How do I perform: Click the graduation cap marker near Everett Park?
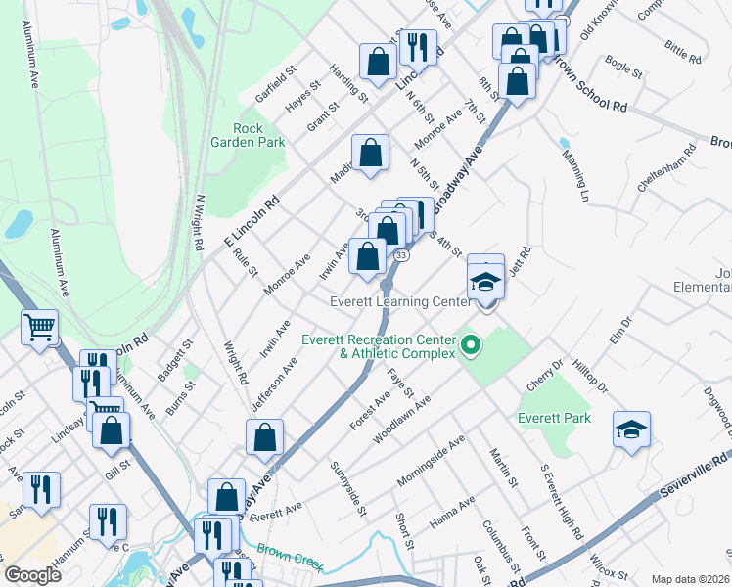pyautogui.click(x=631, y=429)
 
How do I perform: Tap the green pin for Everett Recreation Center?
pyautogui.click(x=471, y=344)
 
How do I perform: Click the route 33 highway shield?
pyautogui.click(x=401, y=255)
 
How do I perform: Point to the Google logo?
pyautogui.click(x=33, y=575)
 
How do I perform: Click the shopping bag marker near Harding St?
pyautogui.click(x=378, y=62)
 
